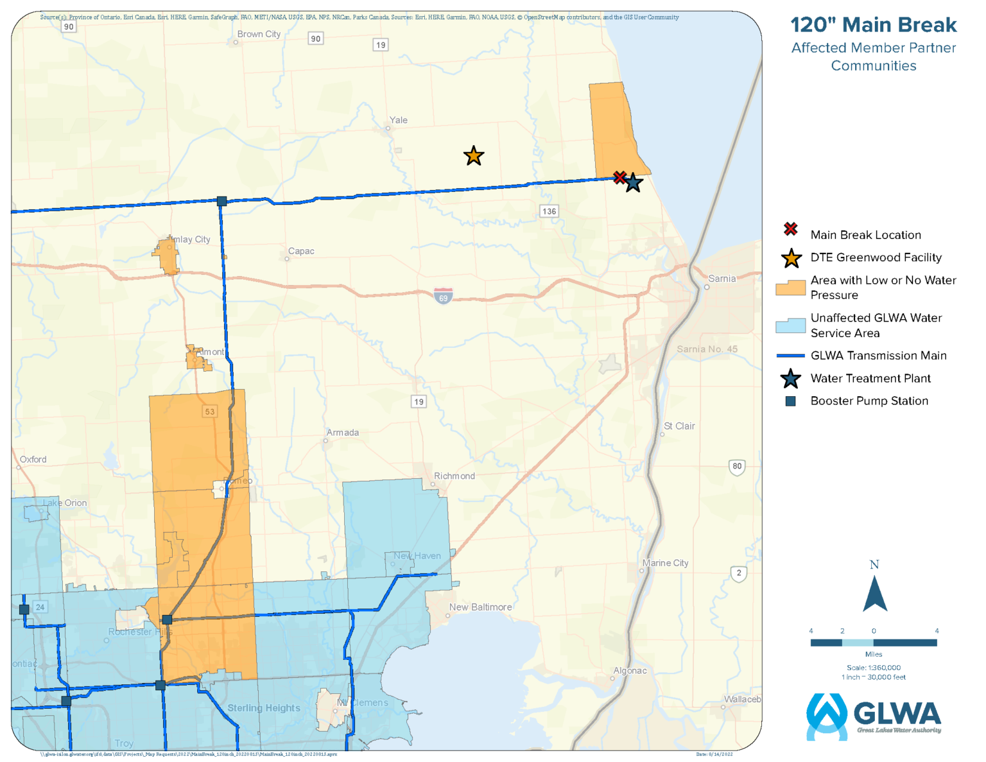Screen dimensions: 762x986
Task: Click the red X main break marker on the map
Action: [x=619, y=177]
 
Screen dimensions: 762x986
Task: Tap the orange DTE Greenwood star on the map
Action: [x=474, y=156]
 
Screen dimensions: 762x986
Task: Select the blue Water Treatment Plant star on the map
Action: [x=634, y=183]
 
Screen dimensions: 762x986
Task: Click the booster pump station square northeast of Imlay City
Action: [x=221, y=201]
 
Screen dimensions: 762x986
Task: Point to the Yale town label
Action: [x=398, y=120]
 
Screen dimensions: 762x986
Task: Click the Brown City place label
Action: [x=259, y=34]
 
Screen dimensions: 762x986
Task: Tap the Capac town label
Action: [x=301, y=251]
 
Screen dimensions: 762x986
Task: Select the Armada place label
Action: [x=343, y=433]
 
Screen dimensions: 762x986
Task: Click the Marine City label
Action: [x=666, y=563]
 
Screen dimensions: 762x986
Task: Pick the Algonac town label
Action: [x=630, y=671]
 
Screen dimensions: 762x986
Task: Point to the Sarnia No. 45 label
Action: [x=707, y=349]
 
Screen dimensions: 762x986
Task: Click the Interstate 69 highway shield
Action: [x=443, y=296]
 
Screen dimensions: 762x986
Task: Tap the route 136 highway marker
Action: [x=549, y=211]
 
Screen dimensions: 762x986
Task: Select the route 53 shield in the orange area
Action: [x=209, y=411]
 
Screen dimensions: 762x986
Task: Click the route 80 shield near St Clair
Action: [x=737, y=467]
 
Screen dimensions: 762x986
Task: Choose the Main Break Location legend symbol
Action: [x=791, y=229]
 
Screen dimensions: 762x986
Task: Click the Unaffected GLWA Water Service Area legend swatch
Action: [x=790, y=325]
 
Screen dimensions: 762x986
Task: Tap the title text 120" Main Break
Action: [x=873, y=25]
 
